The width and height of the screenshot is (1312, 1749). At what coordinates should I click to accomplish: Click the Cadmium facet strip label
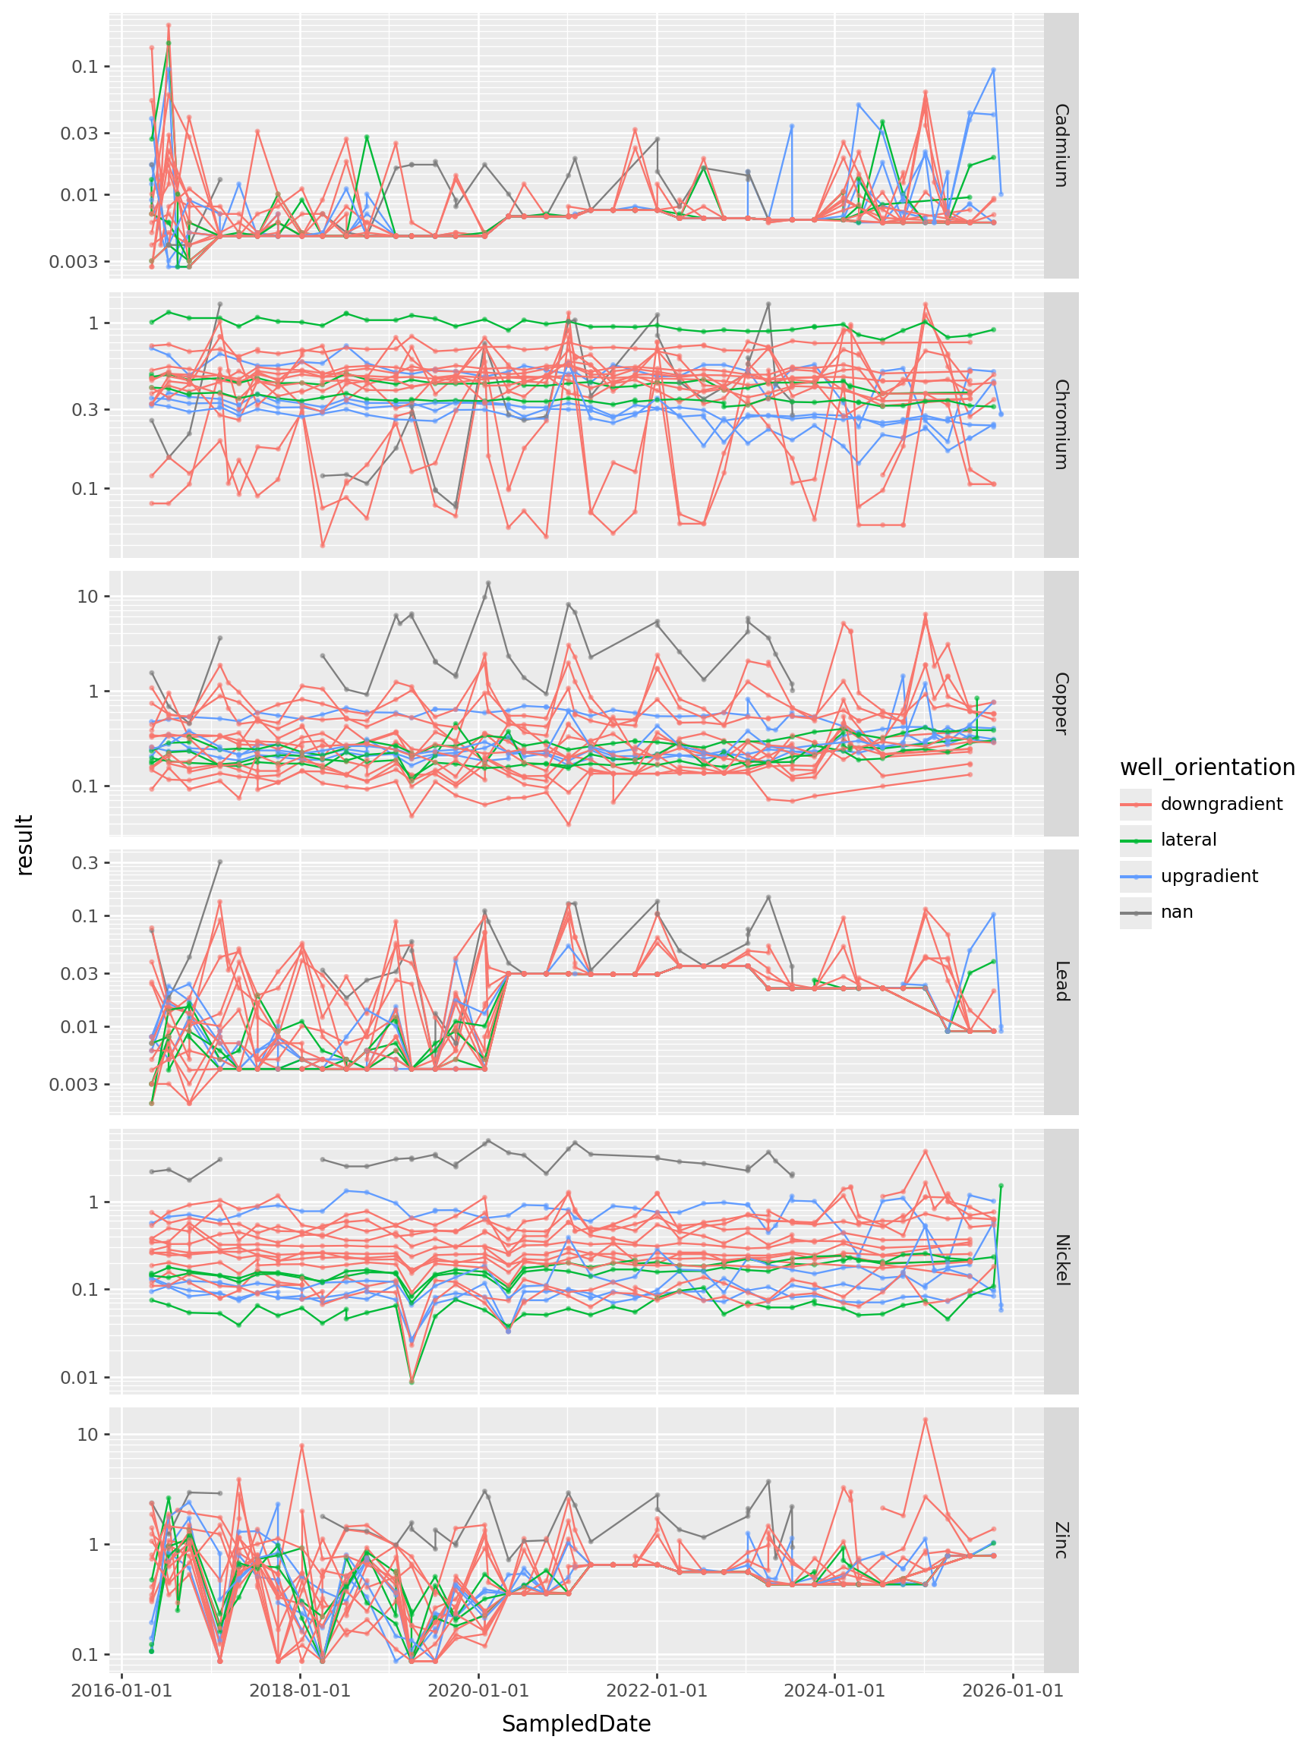click(1061, 145)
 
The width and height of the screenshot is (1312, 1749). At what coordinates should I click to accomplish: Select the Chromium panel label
click(1061, 424)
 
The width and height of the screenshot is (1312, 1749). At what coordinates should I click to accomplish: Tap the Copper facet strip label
click(1061, 703)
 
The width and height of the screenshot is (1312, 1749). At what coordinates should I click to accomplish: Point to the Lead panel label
click(1061, 982)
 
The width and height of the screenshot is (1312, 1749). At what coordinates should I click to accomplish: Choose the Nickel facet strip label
click(1061, 1260)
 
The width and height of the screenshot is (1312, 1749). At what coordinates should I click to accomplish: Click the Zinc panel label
click(1061, 1539)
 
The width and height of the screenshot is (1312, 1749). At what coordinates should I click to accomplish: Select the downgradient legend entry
click(1221, 804)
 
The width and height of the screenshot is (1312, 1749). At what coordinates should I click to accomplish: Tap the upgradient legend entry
click(1209, 876)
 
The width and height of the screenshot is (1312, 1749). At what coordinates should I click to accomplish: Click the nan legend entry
click(1176, 912)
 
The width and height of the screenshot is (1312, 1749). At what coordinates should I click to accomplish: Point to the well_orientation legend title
click(1206, 767)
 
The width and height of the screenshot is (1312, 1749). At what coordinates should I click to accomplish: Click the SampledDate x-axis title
click(576, 1724)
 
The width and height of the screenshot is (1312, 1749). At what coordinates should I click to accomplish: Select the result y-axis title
click(25, 844)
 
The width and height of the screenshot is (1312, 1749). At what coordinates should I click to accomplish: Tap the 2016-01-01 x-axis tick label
click(121, 1691)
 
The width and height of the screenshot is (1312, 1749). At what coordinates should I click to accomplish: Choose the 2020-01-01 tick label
click(478, 1691)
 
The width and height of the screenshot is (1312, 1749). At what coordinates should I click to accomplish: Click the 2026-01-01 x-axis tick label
click(1013, 1691)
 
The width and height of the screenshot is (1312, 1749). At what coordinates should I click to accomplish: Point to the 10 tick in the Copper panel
click(87, 596)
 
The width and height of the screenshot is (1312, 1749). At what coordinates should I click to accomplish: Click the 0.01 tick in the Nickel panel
click(79, 1377)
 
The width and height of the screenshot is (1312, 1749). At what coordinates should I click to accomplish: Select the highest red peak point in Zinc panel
click(926, 1420)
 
